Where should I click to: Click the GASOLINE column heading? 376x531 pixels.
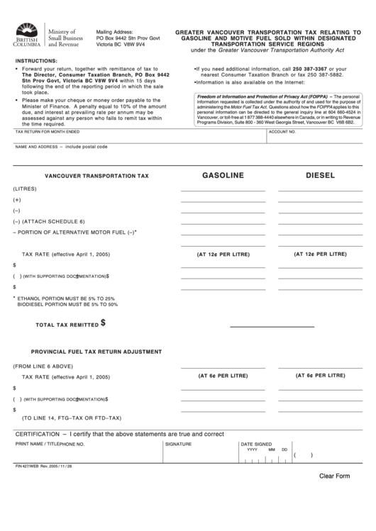(x=223, y=174)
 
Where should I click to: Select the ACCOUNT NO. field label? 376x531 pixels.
(x=282, y=132)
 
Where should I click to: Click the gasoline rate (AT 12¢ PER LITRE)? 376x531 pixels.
(x=223, y=253)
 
